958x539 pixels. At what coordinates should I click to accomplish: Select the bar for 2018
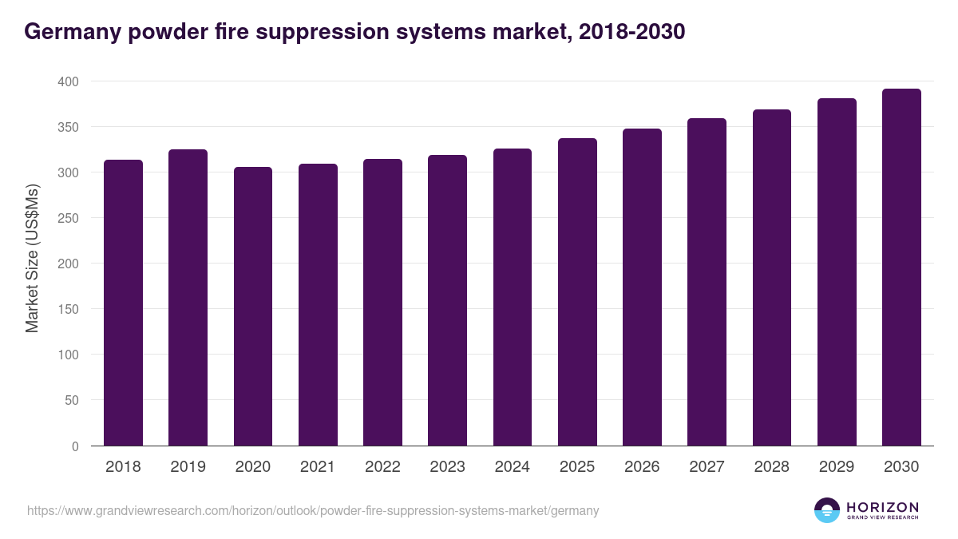[x=123, y=303]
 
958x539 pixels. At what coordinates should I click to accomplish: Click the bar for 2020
[x=253, y=307]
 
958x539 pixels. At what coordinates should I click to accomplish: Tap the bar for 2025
[x=577, y=292]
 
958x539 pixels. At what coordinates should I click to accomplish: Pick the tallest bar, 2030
[x=901, y=268]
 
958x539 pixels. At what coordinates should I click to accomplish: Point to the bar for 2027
[x=707, y=283]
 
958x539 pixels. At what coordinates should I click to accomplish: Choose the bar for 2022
[x=382, y=303]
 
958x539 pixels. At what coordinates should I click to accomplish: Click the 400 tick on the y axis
[x=68, y=81]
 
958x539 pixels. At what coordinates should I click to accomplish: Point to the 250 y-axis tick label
[x=68, y=218]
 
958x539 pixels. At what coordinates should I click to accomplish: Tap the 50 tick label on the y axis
[x=71, y=400]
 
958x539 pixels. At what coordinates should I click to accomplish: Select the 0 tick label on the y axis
[x=75, y=446]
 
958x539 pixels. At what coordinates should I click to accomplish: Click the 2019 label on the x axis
[x=188, y=467]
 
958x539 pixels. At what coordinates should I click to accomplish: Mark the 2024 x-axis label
[x=512, y=467]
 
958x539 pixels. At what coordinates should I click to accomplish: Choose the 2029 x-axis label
[x=837, y=467]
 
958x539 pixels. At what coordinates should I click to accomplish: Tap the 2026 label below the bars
[x=642, y=467]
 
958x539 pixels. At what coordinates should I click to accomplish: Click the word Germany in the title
[x=69, y=32]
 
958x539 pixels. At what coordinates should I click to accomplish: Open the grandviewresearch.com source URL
[x=313, y=510]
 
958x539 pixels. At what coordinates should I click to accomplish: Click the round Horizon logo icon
[x=826, y=510]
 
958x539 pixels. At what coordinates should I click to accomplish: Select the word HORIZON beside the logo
[x=882, y=507]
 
